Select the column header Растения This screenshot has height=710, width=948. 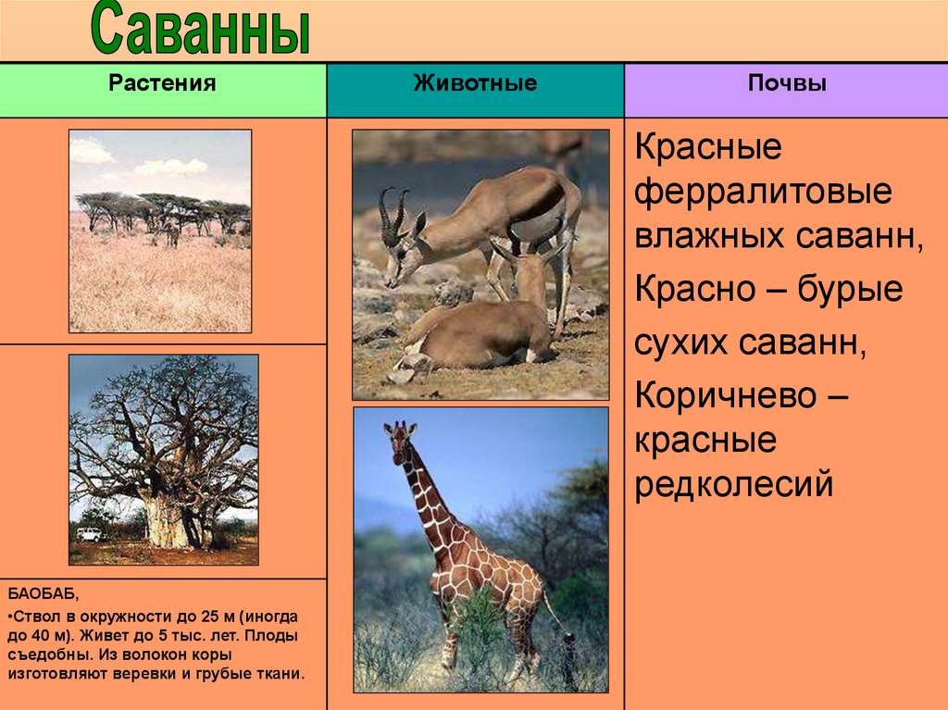[x=162, y=83]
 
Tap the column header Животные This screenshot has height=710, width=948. [x=475, y=83]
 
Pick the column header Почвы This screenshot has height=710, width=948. [x=787, y=83]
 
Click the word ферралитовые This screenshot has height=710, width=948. [x=763, y=192]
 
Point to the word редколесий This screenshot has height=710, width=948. [x=734, y=483]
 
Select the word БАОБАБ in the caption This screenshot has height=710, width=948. [x=43, y=594]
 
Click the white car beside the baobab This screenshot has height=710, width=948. [x=90, y=534]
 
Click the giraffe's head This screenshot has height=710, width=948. [x=398, y=436]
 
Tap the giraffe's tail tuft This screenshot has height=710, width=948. [x=568, y=640]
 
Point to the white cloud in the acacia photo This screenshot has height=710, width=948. [x=171, y=166]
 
